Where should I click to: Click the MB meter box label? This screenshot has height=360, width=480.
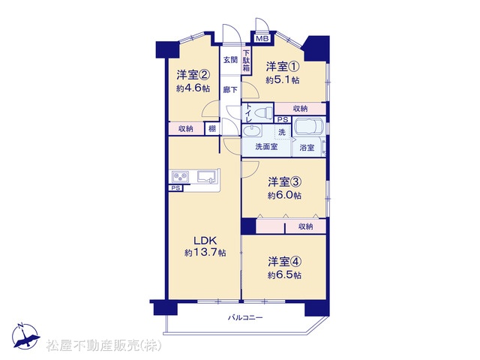click(262, 38)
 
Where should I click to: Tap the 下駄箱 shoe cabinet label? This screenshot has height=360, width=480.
click(246, 61)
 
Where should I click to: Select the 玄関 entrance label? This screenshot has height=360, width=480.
click(230, 60)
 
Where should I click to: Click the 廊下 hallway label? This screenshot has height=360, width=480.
click(230, 90)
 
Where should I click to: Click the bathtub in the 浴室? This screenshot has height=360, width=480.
click(308, 127)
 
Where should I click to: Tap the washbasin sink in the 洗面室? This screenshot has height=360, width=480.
click(252, 130)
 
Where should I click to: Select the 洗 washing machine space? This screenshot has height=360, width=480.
click(282, 132)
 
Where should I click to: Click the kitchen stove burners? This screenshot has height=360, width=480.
click(180, 177)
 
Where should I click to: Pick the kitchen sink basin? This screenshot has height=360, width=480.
click(207, 176)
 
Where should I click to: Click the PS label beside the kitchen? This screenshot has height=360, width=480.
click(175, 188)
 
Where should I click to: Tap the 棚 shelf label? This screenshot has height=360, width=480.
click(211, 129)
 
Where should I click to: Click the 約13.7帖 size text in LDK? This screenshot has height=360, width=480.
click(205, 253)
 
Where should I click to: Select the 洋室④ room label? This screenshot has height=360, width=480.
click(285, 262)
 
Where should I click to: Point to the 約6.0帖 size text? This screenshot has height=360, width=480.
click(284, 195)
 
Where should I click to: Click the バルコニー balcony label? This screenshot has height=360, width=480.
click(245, 318)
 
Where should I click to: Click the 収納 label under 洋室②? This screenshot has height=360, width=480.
click(186, 129)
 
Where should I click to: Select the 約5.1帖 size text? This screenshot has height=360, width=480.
click(282, 80)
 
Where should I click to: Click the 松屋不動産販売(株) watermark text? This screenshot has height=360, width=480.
click(103, 345)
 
